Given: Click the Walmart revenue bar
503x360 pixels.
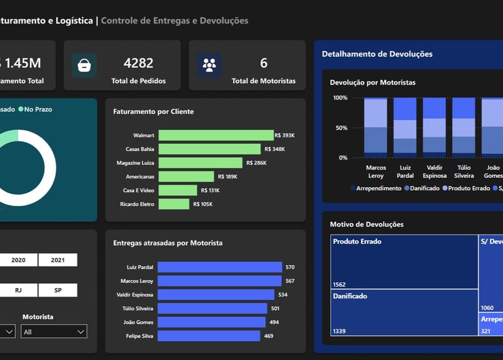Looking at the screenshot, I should [x=216, y=135].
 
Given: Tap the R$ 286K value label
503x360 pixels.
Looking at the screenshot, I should [x=256, y=163].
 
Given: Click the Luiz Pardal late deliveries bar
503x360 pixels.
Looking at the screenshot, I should [x=219, y=267].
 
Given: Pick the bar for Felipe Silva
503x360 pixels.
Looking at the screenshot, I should [x=208, y=336].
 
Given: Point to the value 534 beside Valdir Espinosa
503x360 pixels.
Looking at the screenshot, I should [x=283, y=295].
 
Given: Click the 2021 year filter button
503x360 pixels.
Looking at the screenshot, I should [x=58, y=260].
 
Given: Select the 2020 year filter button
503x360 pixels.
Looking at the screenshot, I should [x=18, y=260].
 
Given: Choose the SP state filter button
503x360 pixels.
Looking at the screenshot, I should [x=58, y=290].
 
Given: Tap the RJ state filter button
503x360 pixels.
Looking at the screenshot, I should [x=18, y=290].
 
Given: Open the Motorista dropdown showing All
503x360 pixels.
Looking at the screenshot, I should [x=54, y=332].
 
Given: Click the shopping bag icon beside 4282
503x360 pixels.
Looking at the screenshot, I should [x=84, y=65].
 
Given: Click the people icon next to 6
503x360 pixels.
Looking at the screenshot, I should [x=210, y=65].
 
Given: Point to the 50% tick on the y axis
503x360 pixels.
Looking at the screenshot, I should [x=341, y=128].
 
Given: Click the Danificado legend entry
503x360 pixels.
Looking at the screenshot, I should [x=424, y=188].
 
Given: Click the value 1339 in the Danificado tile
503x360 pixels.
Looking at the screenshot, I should [x=339, y=331].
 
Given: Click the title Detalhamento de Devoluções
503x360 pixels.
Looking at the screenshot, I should [x=377, y=54].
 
